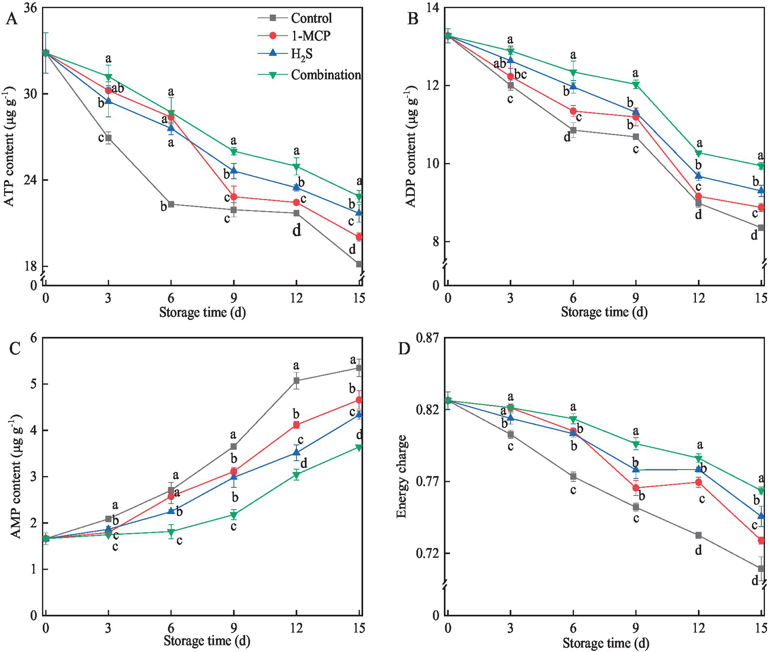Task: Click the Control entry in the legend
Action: coord(311,18)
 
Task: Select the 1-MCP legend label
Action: coord(311,36)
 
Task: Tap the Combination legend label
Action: coord(326,75)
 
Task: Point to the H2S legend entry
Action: coord(302,54)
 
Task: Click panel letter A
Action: coord(12,19)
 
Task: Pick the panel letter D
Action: coord(404,349)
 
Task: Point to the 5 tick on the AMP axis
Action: coord(34,384)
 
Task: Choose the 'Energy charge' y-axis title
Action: coord(402,476)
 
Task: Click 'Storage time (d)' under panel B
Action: coord(604,312)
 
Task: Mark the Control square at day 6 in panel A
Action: coord(171,204)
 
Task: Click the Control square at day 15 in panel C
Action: coord(359,368)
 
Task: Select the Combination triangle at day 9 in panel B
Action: coord(636,85)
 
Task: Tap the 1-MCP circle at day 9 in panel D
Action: coord(636,488)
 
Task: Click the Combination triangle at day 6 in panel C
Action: coord(171,532)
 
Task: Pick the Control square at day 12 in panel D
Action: coord(698,535)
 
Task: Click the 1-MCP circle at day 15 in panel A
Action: coord(359,237)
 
